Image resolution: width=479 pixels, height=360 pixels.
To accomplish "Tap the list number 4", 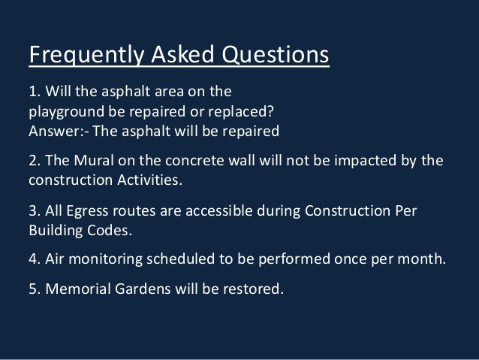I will (x=32, y=260).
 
